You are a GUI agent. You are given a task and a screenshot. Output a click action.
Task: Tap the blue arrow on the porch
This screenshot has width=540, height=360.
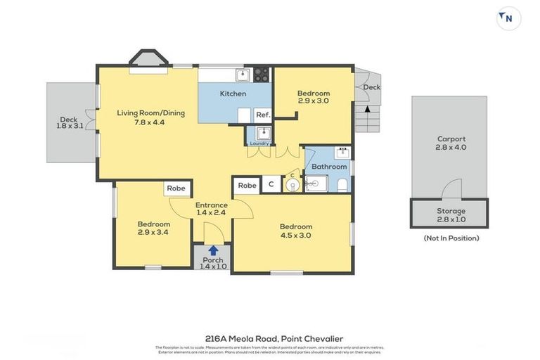(x=212, y=250)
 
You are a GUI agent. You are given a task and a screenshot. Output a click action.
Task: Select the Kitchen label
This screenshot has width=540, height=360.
(x=233, y=94)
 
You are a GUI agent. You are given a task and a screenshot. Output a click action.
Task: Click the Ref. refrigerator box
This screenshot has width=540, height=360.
(x=262, y=115)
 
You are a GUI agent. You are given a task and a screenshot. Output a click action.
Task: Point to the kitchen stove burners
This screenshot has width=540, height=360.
(x=262, y=73)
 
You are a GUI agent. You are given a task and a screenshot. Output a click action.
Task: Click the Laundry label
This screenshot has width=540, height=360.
(x=259, y=143)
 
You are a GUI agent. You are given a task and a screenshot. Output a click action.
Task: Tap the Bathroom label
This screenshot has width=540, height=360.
(x=329, y=167)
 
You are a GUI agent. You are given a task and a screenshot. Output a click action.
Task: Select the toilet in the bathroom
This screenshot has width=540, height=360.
(x=342, y=185)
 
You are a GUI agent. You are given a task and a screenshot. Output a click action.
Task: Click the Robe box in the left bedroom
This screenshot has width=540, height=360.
(x=176, y=188)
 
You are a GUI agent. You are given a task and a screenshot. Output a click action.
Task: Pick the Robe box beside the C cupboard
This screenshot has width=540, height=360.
(x=246, y=185)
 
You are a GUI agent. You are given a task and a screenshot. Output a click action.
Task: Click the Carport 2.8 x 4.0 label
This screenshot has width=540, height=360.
(x=451, y=143)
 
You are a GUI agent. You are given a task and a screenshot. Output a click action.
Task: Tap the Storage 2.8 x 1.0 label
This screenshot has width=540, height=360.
(x=451, y=215)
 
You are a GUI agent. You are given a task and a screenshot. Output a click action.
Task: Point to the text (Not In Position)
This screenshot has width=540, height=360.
(x=451, y=238)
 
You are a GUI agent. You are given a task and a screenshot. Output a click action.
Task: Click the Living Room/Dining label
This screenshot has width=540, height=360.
(x=150, y=117)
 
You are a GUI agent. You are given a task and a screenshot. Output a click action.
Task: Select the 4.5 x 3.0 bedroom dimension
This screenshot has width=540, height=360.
(x=295, y=236)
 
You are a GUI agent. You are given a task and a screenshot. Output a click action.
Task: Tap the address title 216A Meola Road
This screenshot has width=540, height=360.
(x=270, y=338)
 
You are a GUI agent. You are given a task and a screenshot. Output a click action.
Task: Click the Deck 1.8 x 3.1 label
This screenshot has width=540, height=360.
(x=70, y=123)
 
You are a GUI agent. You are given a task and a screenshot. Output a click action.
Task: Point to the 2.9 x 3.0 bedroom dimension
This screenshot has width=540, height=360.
(x=313, y=101)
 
